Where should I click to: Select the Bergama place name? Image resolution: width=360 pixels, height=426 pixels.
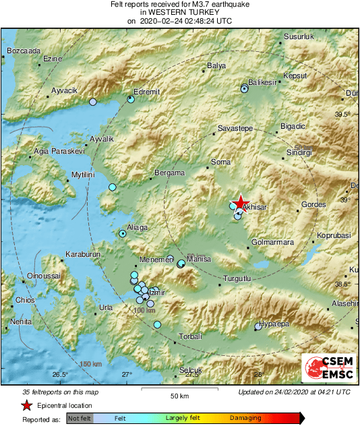coord(169,173)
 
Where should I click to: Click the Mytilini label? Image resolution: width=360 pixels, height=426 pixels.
coord(84,175)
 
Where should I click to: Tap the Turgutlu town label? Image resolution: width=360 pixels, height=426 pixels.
coord(237,278)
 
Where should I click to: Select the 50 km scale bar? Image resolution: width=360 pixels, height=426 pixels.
coord(179,389)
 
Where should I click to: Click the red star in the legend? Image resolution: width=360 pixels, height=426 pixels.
coord(26,405)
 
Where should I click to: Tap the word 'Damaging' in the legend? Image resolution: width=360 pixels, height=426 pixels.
coord(245,419)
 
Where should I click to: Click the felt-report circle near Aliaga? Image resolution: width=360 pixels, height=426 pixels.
coord(123,234)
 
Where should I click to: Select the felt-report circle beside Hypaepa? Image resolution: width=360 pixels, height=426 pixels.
coord(258,328)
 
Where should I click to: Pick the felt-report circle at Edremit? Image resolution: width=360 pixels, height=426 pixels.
coord(131,99)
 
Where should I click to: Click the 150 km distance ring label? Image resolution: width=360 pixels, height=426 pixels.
coord(90,365)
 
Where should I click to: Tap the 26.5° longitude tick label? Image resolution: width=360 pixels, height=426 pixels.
coord(60,375)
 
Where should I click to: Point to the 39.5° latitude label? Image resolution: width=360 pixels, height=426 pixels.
coord(343,115)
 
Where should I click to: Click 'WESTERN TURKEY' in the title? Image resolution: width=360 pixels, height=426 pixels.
coord(179,12)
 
